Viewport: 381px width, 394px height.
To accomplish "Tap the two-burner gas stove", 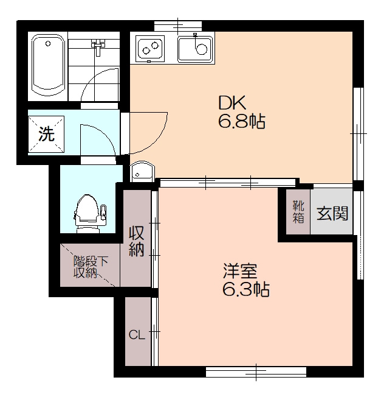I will point(151,48).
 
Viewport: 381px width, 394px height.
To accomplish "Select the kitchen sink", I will point(195,48).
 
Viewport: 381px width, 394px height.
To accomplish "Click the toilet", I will point(89,213).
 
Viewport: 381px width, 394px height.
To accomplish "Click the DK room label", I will point(232,102).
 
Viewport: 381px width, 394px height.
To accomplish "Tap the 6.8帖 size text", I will point(241,122).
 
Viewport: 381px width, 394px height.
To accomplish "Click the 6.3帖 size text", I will point(245,289).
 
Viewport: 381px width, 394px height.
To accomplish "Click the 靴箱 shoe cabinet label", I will point(298,210).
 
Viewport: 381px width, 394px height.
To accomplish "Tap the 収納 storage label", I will point(137,241).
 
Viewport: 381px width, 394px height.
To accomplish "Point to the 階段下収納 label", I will point(91,267).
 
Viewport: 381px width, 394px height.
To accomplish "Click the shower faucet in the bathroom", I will point(97,45).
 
